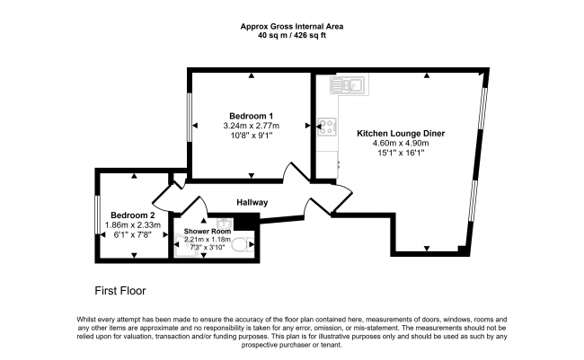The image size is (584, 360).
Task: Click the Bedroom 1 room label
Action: click(248, 116)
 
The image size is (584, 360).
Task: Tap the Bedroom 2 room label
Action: click(133, 215)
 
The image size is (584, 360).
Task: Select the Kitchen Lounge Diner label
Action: click(401, 133)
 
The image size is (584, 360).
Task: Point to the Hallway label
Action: click(252, 203)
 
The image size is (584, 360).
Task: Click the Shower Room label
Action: click(207, 232)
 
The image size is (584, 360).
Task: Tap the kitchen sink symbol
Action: click(348, 85)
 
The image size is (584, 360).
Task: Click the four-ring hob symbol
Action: click(327, 127)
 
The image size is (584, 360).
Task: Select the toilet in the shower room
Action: click(242, 244)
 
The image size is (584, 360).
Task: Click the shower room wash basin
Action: click(225, 223)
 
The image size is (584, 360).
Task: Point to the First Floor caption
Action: click(120, 291)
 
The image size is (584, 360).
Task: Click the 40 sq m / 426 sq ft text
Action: click(292, 36)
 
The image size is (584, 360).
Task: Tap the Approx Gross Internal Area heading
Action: click(292, 27)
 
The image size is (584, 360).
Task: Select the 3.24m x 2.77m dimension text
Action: click(252, 126)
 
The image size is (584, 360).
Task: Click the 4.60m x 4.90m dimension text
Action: click(401, 144)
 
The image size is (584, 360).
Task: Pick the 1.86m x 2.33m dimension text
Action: click(133, 225)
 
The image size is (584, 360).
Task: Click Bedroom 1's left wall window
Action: click(190, 118)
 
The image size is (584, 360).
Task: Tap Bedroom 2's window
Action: click(97, 215)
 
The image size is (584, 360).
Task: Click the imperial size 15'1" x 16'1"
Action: click(401, 153)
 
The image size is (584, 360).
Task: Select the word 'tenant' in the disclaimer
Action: click(331, 345)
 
